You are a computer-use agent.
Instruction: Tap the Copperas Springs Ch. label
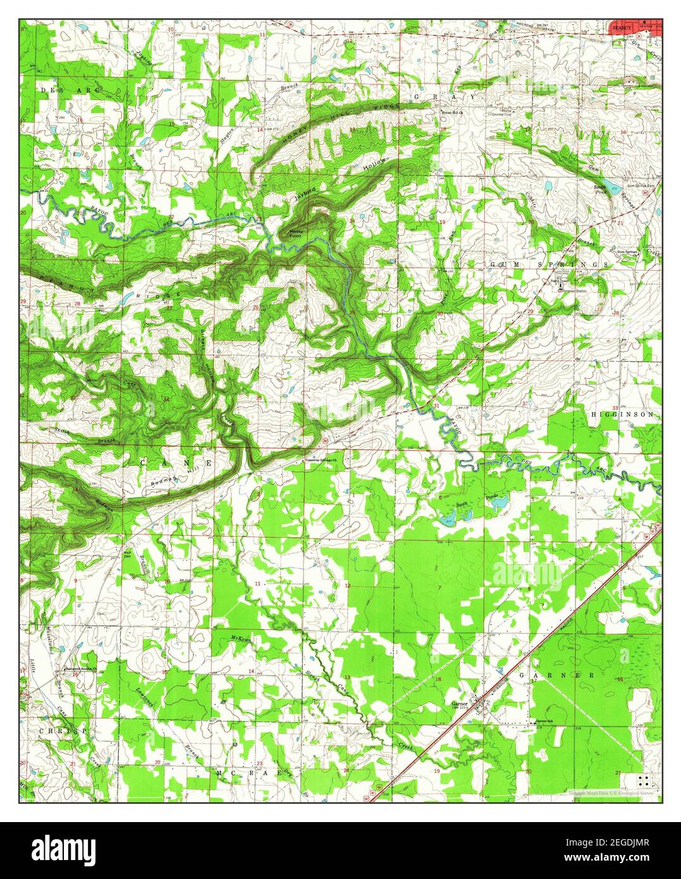(322, 460)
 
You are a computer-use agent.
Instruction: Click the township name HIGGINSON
(623, 414)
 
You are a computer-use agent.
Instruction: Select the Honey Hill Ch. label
(453, 113)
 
